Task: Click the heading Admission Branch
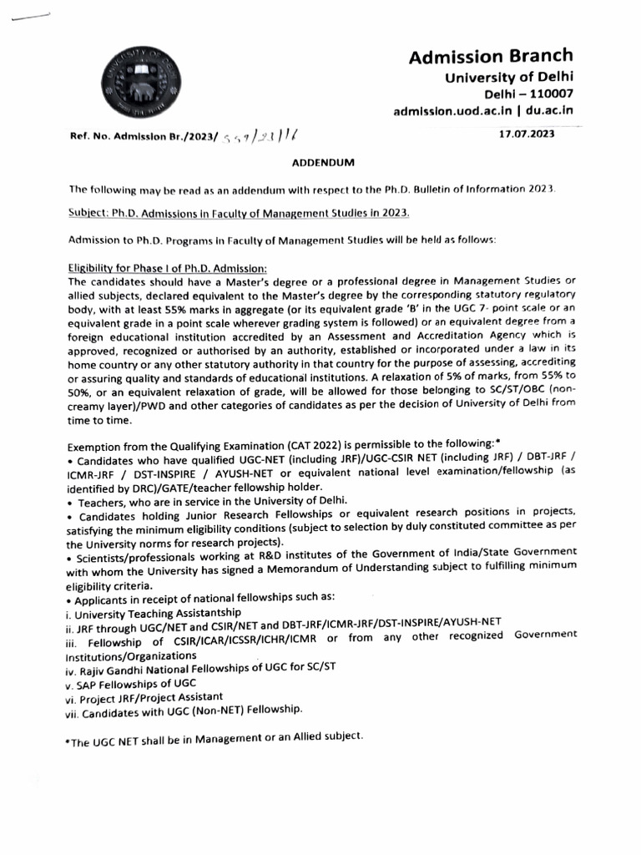pos(490,56)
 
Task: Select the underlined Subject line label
pos(89,213)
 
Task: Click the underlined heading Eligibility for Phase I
pos(166,267)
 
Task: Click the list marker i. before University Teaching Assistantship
pos(70,611)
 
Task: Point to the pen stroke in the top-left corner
pos(27,18)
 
